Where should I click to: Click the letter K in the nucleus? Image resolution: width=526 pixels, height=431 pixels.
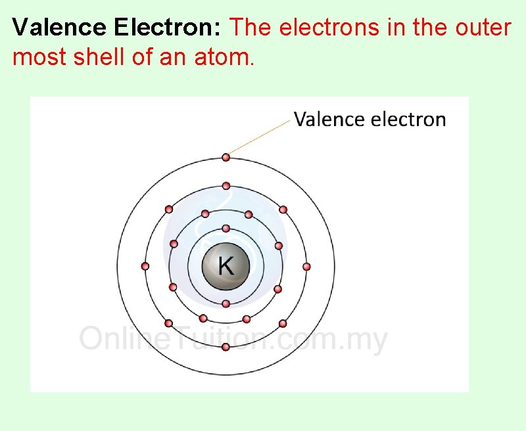click(226, 266)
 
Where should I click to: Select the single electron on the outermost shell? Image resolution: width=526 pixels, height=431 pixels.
click(226, 157)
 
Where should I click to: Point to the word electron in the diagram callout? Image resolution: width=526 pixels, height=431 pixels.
click(408, 120)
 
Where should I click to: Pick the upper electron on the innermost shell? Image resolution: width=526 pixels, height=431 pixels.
click(226, 229)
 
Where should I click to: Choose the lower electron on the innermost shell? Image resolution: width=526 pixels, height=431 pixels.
click(226, 304)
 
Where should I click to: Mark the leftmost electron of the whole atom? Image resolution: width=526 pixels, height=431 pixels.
click(145, 266)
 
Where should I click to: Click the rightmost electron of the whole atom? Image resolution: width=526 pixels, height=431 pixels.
click(306, 266)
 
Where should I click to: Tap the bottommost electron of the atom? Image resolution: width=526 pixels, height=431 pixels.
click(226, 347)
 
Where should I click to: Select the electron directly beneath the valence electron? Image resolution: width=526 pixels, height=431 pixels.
click(226, 185)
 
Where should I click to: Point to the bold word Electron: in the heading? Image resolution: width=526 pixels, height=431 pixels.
click(168, 28)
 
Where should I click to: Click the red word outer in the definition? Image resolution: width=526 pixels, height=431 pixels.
click(487, 28)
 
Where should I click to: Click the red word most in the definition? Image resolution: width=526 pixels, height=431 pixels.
click(35, 57)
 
